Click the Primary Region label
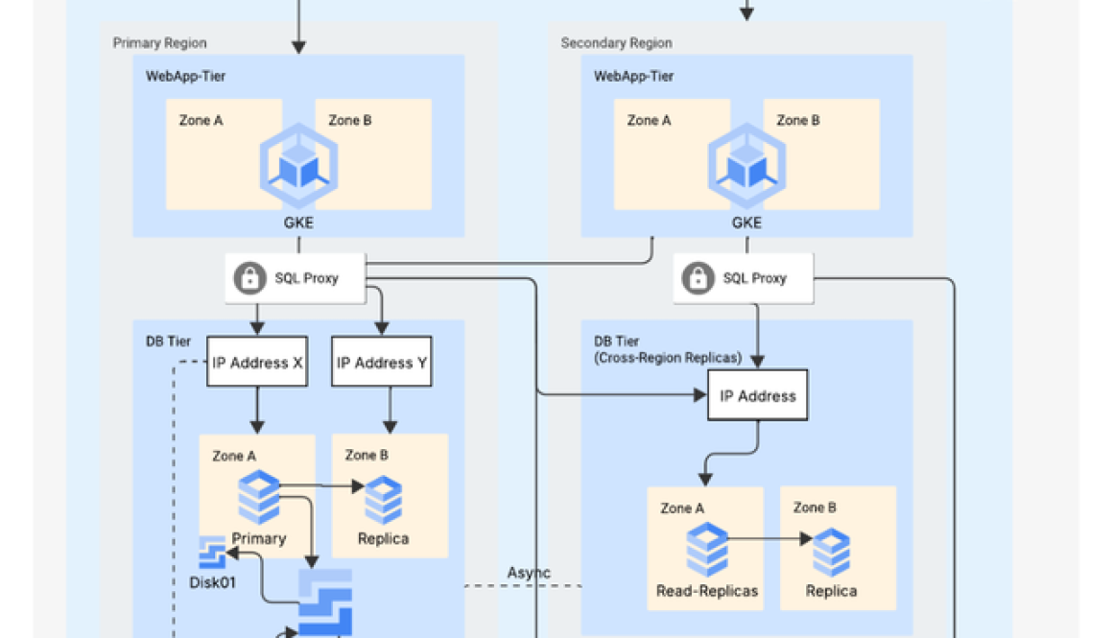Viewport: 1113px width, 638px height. (159, 43)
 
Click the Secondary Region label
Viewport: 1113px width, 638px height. (616, 43)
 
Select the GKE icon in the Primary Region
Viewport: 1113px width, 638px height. (298, 165)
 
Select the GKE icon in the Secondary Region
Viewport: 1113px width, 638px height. (746, 165)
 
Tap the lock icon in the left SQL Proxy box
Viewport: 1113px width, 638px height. (249, 278)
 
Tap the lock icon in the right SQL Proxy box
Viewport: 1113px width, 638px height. (698, 278)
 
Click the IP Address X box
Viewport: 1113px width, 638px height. (257, 363)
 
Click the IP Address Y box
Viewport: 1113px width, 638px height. (382, 363)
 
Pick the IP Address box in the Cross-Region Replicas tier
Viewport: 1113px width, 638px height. (757, 395)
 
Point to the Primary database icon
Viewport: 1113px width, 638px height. (258, 496)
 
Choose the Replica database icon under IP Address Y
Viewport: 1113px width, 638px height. (384, 500)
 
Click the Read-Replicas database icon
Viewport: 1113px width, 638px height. (706, 550)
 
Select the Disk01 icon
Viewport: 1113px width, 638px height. (211, 554)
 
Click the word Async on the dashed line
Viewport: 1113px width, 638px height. (529, 573)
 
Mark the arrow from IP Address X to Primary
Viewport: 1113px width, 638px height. (257, 410)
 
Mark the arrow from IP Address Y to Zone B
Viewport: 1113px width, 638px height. (390, 410)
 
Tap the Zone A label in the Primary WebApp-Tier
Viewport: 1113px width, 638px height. (201, 120)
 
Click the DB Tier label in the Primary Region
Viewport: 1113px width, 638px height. (168, 341)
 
